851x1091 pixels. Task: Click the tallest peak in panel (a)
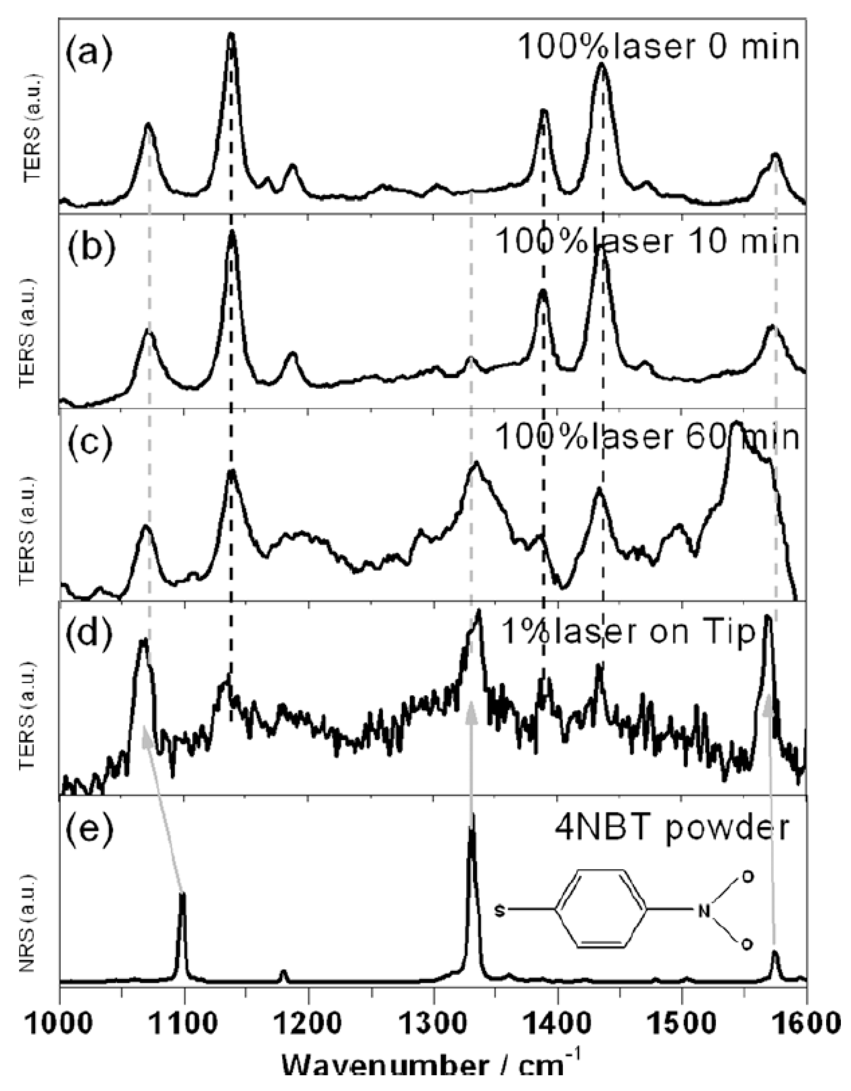[231, 35]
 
